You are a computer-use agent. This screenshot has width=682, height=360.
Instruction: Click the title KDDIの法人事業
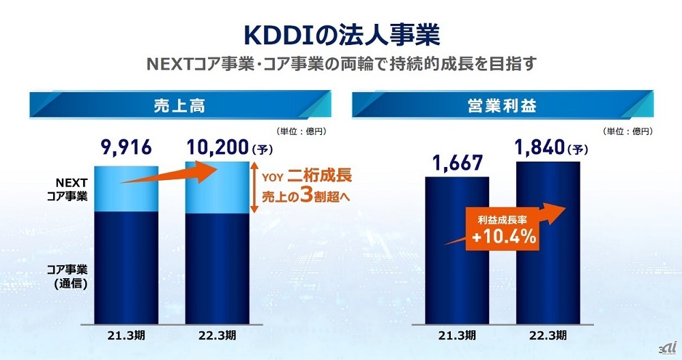click(x=341, y=33)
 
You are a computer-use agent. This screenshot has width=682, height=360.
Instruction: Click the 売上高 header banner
click(x=180, y=106)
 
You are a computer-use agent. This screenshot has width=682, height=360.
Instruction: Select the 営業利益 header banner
click(x=502, y=106)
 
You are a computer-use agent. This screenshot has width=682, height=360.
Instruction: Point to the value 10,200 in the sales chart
click(x=216, y=147)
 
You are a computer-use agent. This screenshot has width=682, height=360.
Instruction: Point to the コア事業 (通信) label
click(x=68, y=273)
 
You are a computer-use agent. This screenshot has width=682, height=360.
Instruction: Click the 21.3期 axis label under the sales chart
click(x=125, y=335)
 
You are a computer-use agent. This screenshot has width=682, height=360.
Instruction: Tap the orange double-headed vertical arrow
click(x=253, y=187)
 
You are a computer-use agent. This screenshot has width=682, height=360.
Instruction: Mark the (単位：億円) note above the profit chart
click(x=627, y=130)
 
